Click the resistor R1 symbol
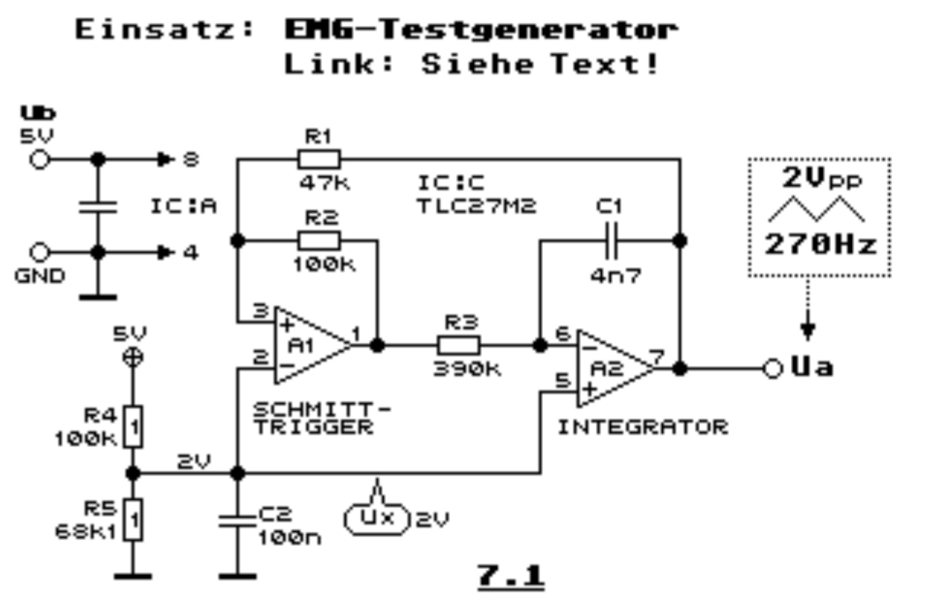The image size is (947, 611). tap(319, 159)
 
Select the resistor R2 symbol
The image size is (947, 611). tap(319, 240)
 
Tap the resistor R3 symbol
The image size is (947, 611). tap(459, 346)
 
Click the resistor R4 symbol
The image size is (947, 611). tap(134, 427)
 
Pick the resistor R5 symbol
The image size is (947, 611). tap(134, 519)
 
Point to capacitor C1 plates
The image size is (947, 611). tap(610, 240)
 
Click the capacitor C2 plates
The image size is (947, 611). tap(237, 515)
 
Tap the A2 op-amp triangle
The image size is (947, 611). tap(614, 369)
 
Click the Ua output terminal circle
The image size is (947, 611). tap(772, 369)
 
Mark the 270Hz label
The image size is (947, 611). tap(820, 244)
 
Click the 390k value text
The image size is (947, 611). tap(466, 369)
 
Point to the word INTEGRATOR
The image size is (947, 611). tap(643, 426)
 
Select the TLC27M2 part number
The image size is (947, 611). tap(476, 206)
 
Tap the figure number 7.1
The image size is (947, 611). tap(511, 576)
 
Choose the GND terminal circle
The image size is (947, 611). tap(40, 252)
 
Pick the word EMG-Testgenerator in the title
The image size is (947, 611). tap(480, 30)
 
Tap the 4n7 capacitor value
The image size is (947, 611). tap(616, 274)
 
